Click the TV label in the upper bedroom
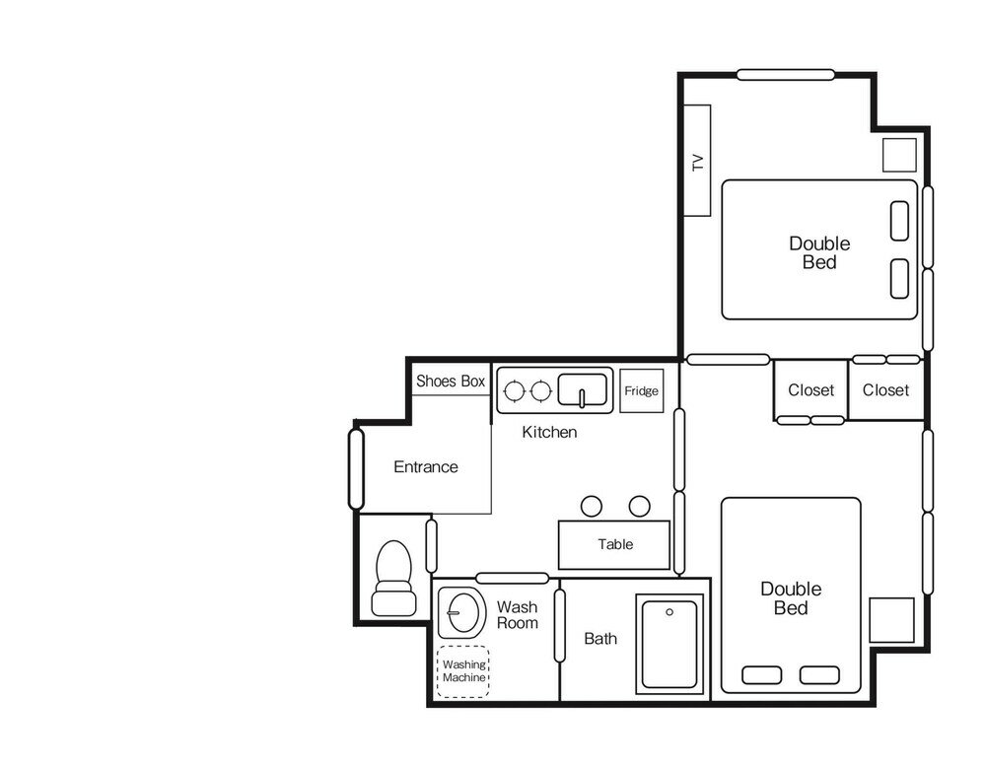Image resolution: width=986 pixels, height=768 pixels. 697,163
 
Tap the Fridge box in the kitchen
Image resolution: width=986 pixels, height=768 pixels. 642,390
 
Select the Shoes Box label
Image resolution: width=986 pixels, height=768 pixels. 451,382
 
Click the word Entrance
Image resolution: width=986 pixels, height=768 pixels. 426,466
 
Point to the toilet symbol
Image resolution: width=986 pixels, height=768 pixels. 393,578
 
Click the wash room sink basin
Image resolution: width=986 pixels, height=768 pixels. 462,611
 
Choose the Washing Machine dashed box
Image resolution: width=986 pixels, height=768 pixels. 463,671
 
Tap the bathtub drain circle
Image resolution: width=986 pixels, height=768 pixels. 669,612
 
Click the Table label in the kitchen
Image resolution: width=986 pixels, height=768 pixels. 615,544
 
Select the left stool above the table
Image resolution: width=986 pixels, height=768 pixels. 591,507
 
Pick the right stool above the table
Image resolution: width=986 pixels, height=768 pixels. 640,507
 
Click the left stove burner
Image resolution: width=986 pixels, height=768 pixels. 515,390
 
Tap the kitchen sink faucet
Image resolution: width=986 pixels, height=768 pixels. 583,398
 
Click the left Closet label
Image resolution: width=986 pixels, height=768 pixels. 811,390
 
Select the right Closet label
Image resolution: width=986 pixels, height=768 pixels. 885,390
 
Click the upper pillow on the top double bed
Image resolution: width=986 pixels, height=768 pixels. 900,221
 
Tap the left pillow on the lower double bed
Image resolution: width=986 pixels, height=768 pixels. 762,675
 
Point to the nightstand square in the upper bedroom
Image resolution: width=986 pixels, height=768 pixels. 899,155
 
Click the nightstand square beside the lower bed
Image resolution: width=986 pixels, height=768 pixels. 891,620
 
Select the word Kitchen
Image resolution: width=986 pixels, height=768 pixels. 549,432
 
